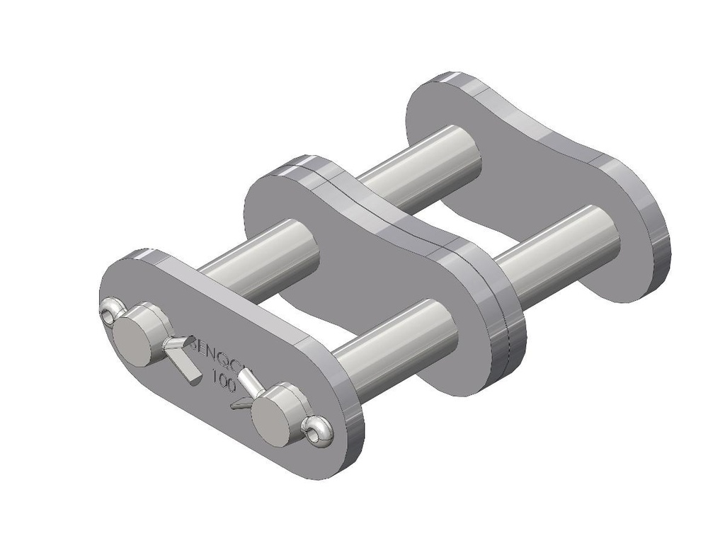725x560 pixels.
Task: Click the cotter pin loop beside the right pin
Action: point(317,432)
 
